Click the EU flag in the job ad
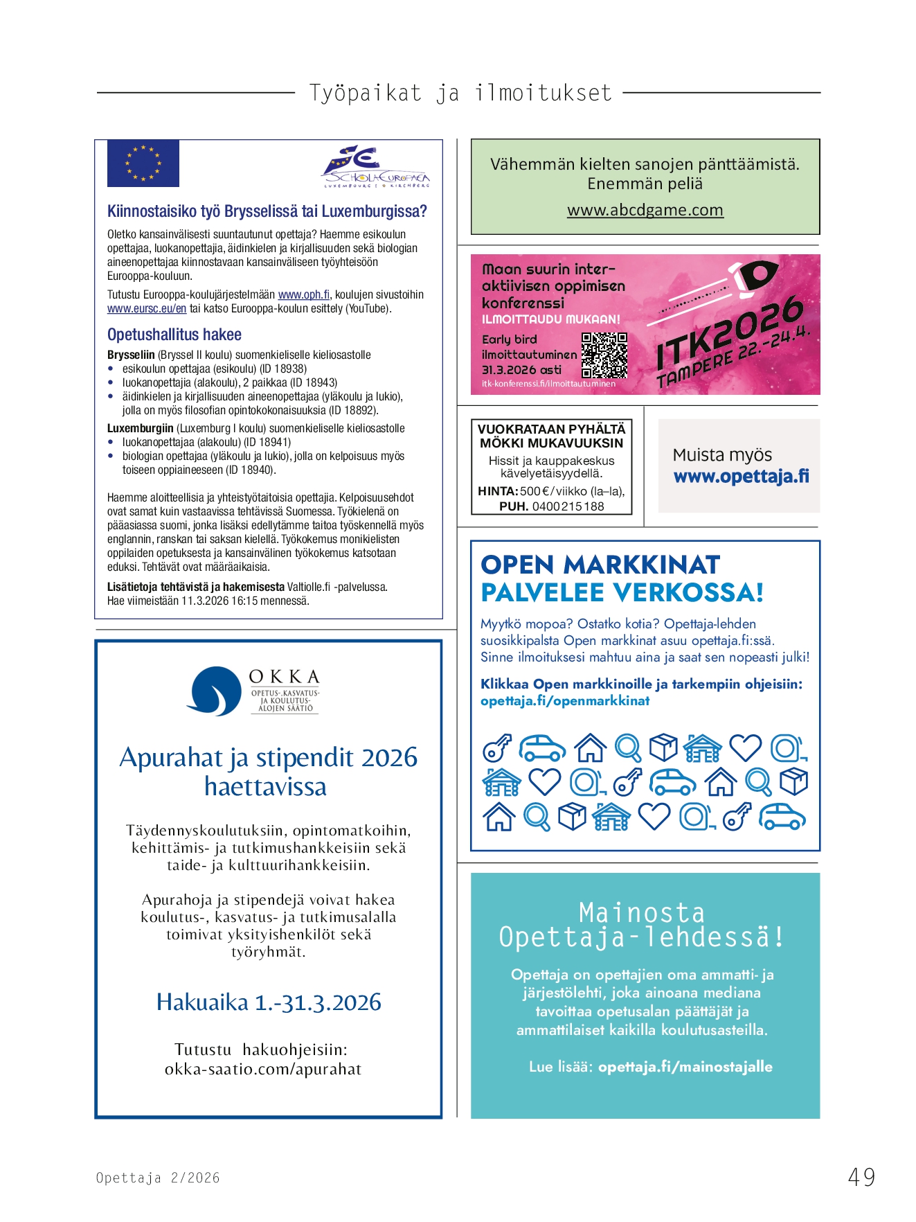[143, 163]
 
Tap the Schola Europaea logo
[376, 167]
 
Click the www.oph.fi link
[304, 295]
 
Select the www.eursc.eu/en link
[147, 309]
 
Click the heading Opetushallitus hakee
[174, 335]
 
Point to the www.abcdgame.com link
[645, 210]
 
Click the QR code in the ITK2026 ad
[604, 355]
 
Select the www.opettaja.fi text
[741, 477]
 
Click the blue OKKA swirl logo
[214, 691]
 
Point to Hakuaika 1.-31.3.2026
[269, 1002]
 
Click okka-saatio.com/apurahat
[263, 1070]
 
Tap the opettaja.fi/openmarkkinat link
[565, 701]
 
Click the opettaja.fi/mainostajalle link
[685, 1067]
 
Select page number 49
[861, 1177]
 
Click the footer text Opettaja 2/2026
[158, 1178]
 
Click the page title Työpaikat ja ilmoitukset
[460, 93]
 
